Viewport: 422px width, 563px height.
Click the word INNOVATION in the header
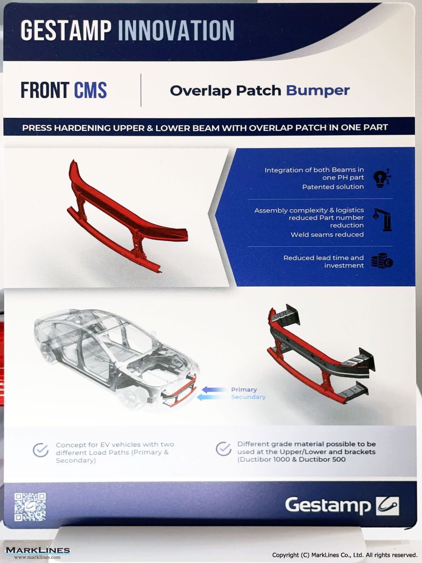click(176, 30)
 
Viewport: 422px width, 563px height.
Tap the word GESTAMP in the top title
click(66, 30)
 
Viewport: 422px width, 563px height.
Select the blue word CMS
click(90, 90)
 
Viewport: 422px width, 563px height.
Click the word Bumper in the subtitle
click(318, 91)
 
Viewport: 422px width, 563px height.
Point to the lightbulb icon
click(382, 178)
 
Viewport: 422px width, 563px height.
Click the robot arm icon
click(382, 220)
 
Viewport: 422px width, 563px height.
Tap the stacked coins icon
click(382, 260)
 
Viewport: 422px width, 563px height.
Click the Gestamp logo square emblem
click(387, 506)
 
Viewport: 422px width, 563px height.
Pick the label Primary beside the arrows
click(244, 389)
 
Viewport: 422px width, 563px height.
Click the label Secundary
click(248, 397)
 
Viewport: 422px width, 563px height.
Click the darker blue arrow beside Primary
click(214, 389)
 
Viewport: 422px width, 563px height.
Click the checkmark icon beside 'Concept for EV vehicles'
click(41, 450)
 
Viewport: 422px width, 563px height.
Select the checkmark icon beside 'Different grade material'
click(224, 449)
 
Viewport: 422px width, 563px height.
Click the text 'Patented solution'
click(333, 187)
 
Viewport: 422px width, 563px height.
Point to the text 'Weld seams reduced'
click(327, 235)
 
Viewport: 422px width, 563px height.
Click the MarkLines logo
click(38, 551)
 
